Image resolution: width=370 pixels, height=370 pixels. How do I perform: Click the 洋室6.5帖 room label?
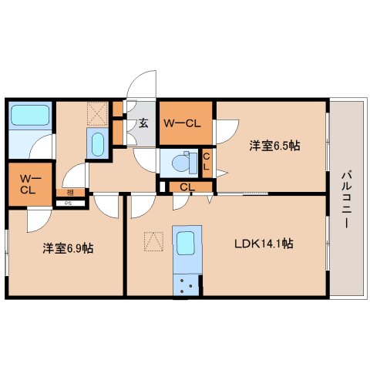(x=274, y=146)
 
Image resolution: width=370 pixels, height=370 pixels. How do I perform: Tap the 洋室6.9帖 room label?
(x=68, y=248)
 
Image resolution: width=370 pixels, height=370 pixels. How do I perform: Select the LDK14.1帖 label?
(x=264, y=244)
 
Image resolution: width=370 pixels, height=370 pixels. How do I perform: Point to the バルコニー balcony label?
(x=347, y=200)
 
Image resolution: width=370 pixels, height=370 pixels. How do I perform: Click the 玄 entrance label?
(x=144, y=123)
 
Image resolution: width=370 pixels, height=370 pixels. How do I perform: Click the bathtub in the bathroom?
(x=30, y=115)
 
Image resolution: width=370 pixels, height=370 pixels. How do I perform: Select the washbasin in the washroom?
(x=98, y=144)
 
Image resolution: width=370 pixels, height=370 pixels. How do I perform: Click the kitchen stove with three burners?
(x=186, y=285)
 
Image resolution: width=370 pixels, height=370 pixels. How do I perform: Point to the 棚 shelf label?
(x=70, y=192)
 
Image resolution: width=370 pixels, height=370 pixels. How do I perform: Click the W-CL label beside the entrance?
(x=182, y=123)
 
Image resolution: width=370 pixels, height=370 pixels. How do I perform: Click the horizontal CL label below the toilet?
(x=187, y=187)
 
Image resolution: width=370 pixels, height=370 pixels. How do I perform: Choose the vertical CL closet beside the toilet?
(x=207, y=163)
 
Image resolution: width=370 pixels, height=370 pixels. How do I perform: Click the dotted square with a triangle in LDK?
(x=153, y=241)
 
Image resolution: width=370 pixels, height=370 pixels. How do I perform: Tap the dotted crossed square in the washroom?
(x=97, y=113)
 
